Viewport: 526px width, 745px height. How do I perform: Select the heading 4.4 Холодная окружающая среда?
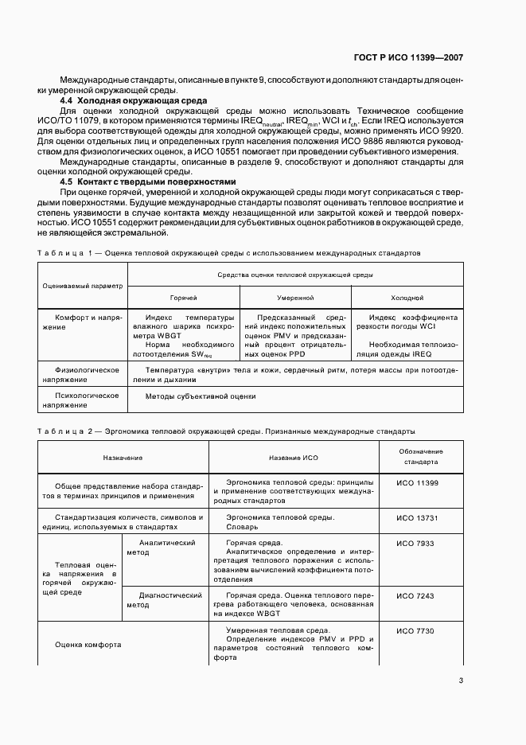pos(134,100)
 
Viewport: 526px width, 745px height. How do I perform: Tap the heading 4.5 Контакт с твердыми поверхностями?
pos(149,181)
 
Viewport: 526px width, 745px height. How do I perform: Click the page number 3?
pos(460,680)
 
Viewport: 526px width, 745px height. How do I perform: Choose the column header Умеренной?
pos(294,297)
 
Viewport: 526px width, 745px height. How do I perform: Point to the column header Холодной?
pos(407,297)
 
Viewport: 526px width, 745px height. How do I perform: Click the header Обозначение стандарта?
pos(421,456)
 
